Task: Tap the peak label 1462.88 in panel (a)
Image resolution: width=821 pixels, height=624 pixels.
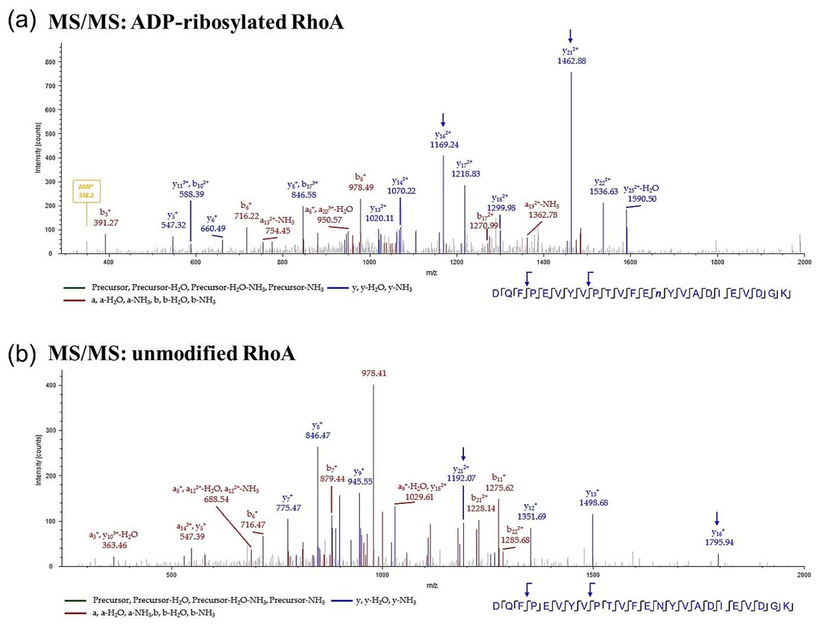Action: [571, 61]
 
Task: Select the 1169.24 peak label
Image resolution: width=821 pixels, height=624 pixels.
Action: [444, 144]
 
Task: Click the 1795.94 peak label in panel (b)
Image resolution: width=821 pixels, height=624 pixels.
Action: [719, 542]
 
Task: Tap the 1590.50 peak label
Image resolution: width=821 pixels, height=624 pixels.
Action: [642, 199]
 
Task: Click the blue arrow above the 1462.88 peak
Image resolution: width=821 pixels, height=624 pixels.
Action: [571, 36]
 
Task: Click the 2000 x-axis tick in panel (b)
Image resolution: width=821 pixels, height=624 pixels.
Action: [804, 575]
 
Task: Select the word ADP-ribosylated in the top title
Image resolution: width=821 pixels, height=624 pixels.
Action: [208, 22]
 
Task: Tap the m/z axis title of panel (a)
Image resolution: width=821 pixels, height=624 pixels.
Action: [431, 273]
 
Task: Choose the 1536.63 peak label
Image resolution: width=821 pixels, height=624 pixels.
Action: [603, 191]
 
